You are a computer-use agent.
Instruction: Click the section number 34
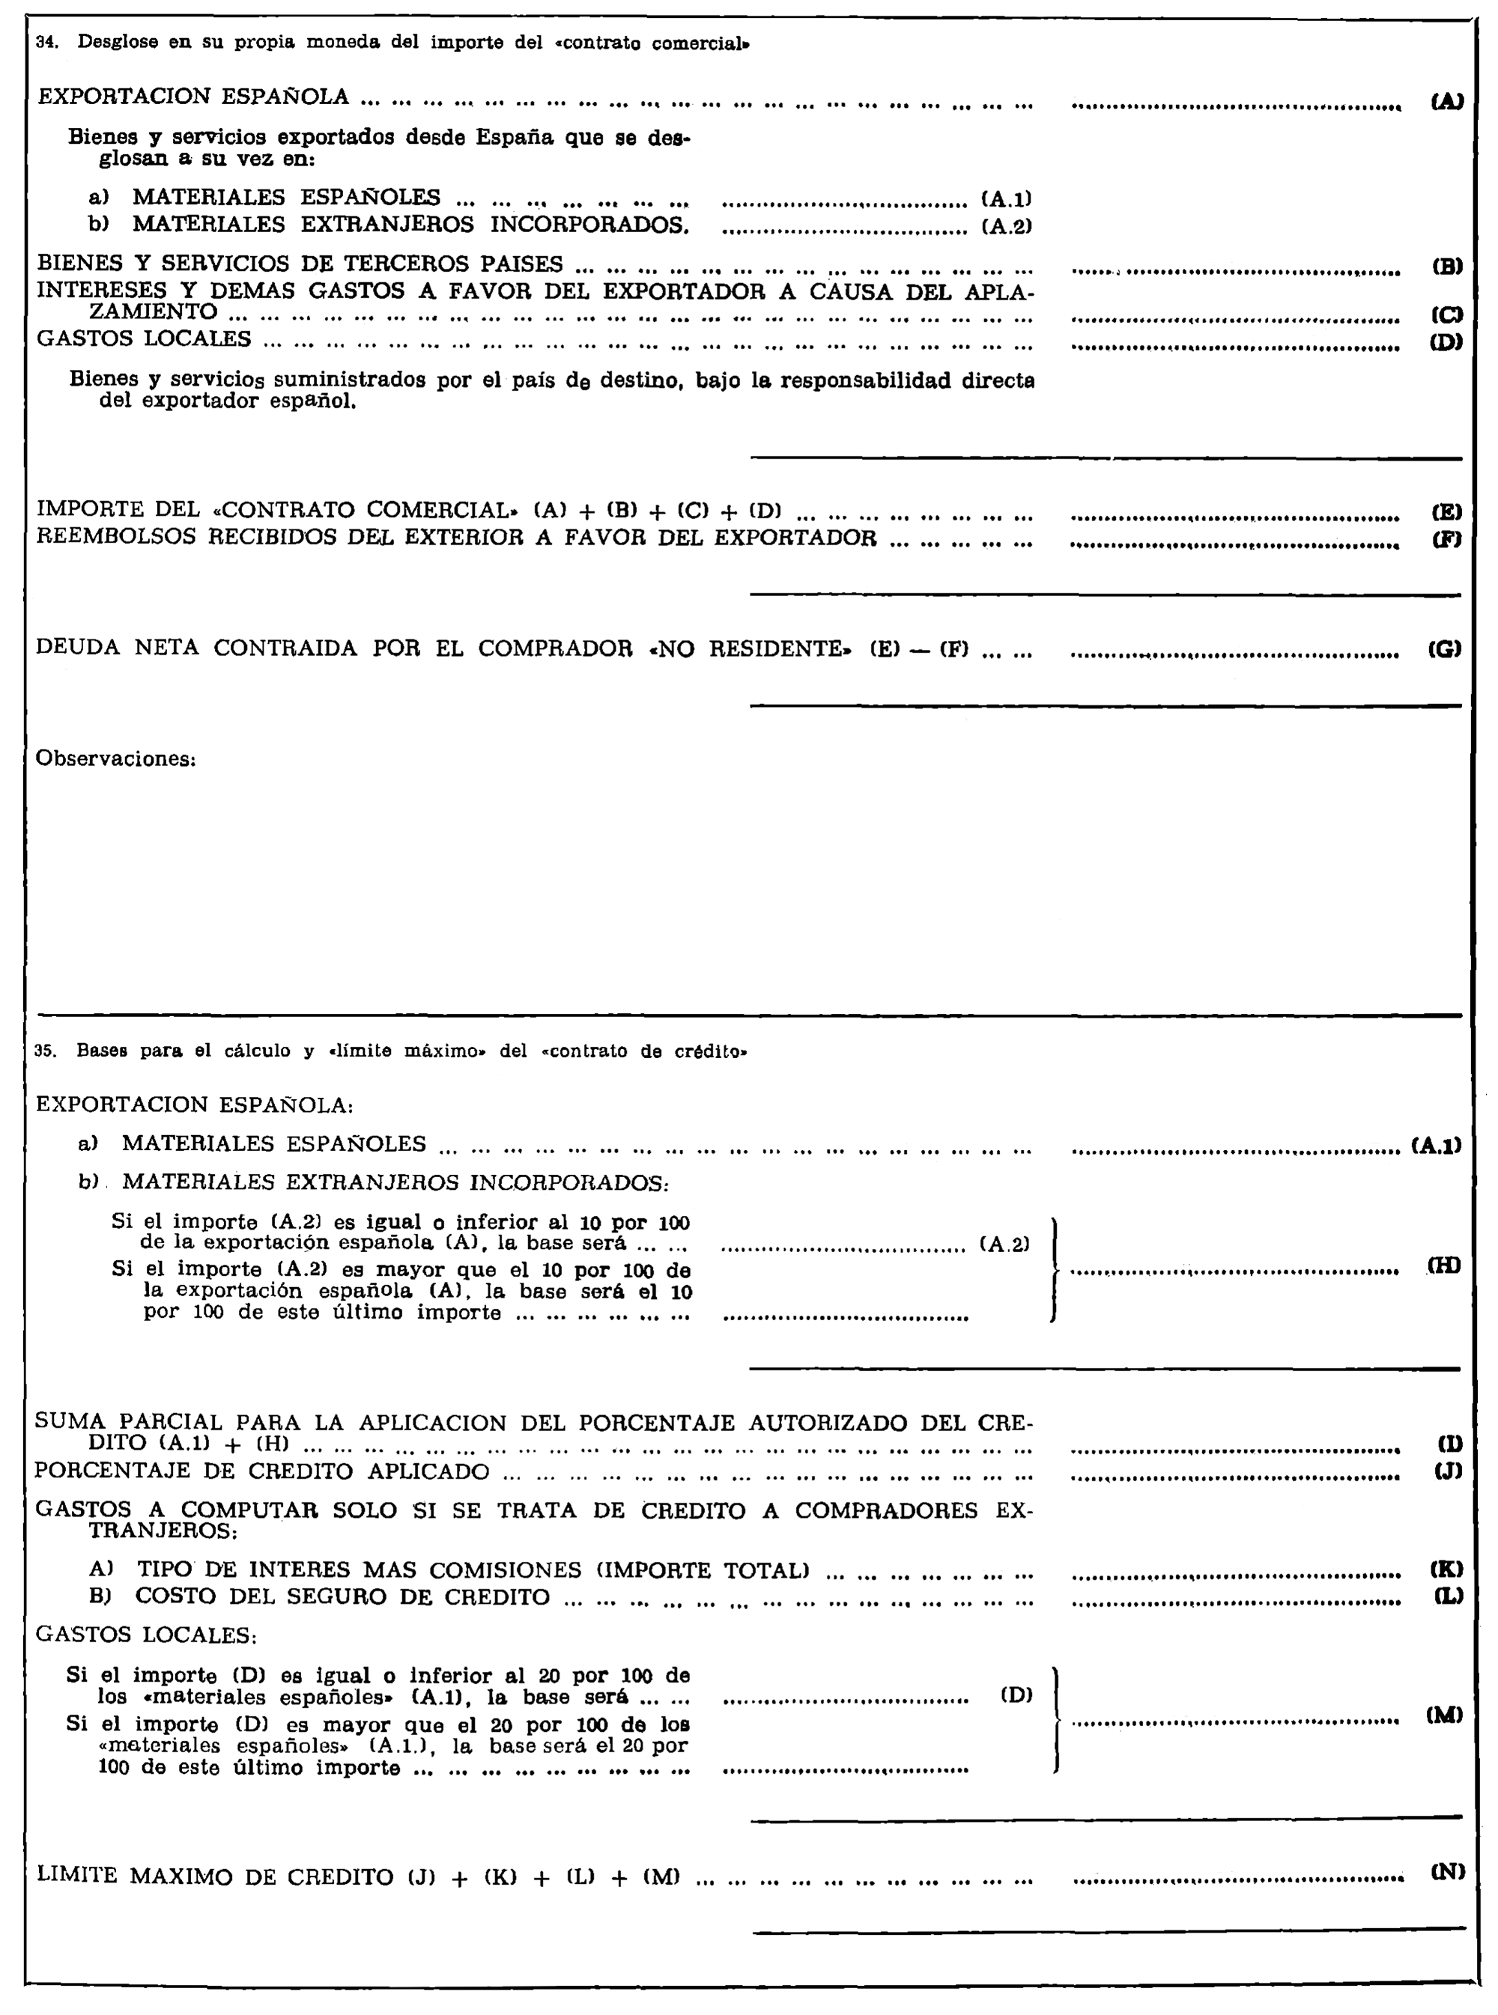pyautogui.click(x=44, y=43)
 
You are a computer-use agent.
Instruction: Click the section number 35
pyautogui.click(x=43, y=1052)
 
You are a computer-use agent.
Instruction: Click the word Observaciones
pyautogui.click(x=115, y=759)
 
